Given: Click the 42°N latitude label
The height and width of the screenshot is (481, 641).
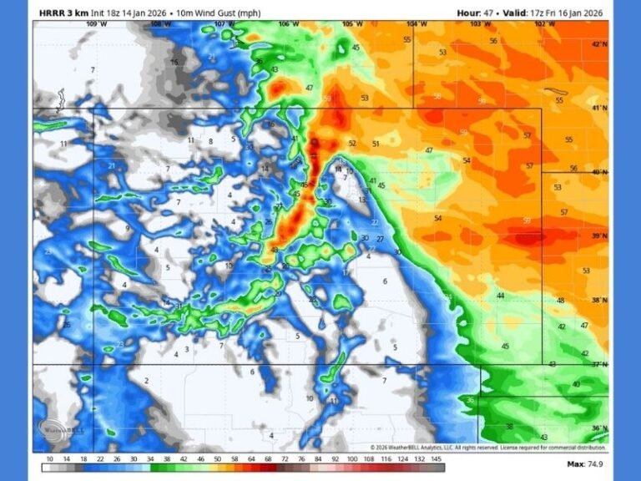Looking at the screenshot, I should pyautogui.click(x=598, y=43).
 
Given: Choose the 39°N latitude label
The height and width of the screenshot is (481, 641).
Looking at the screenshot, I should pyautogui.click(x=598, y=236).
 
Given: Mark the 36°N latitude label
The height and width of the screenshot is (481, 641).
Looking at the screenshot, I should pyautogui.click(x=598, y=428).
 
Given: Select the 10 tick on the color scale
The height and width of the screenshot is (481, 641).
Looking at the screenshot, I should pyautogui.click(x=49, y=458).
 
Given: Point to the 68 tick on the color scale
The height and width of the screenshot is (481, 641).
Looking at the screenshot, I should pyautogui.click(x=268, y=458).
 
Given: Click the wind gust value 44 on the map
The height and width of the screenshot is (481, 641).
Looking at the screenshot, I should pyautogui.click(x=501, y=296).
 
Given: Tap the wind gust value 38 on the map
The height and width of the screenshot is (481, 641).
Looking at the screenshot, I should pyautogui.click(x=509, y=427).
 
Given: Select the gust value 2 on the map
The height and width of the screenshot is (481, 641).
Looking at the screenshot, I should pyautogui.click(x=146, y=381).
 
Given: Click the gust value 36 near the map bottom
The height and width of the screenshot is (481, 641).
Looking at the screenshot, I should pyautogui.click(x=471, y=400).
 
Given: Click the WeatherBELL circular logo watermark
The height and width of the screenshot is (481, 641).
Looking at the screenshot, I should pyautogui.click(x=58, y=428).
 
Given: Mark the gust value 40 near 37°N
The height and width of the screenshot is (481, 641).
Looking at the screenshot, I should pyautogui.click(x=576, y=384).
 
